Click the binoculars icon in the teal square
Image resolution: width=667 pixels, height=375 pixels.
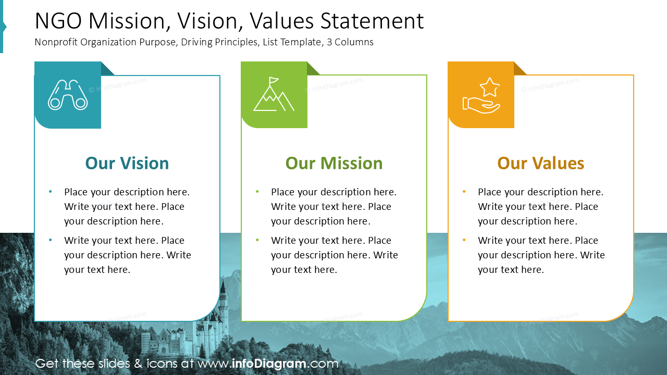point(68,95)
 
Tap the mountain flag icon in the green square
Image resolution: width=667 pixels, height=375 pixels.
point(274,95)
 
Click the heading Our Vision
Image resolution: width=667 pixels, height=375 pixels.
point(127,163)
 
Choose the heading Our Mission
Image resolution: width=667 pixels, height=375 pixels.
point(334,163)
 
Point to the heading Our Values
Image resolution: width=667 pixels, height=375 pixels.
point(540,163)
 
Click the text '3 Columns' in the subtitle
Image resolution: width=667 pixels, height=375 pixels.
point(350,42)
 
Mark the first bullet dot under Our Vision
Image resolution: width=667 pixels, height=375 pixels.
point(51,192)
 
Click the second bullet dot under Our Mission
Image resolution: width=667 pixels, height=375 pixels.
point(257,241)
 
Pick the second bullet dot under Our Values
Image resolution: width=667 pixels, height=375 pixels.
point(464,241)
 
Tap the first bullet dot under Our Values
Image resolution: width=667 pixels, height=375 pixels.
point(464,192)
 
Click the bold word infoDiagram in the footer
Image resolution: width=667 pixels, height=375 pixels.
point(269,364)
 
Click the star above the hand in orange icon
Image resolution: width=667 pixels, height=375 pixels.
point(489,87)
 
